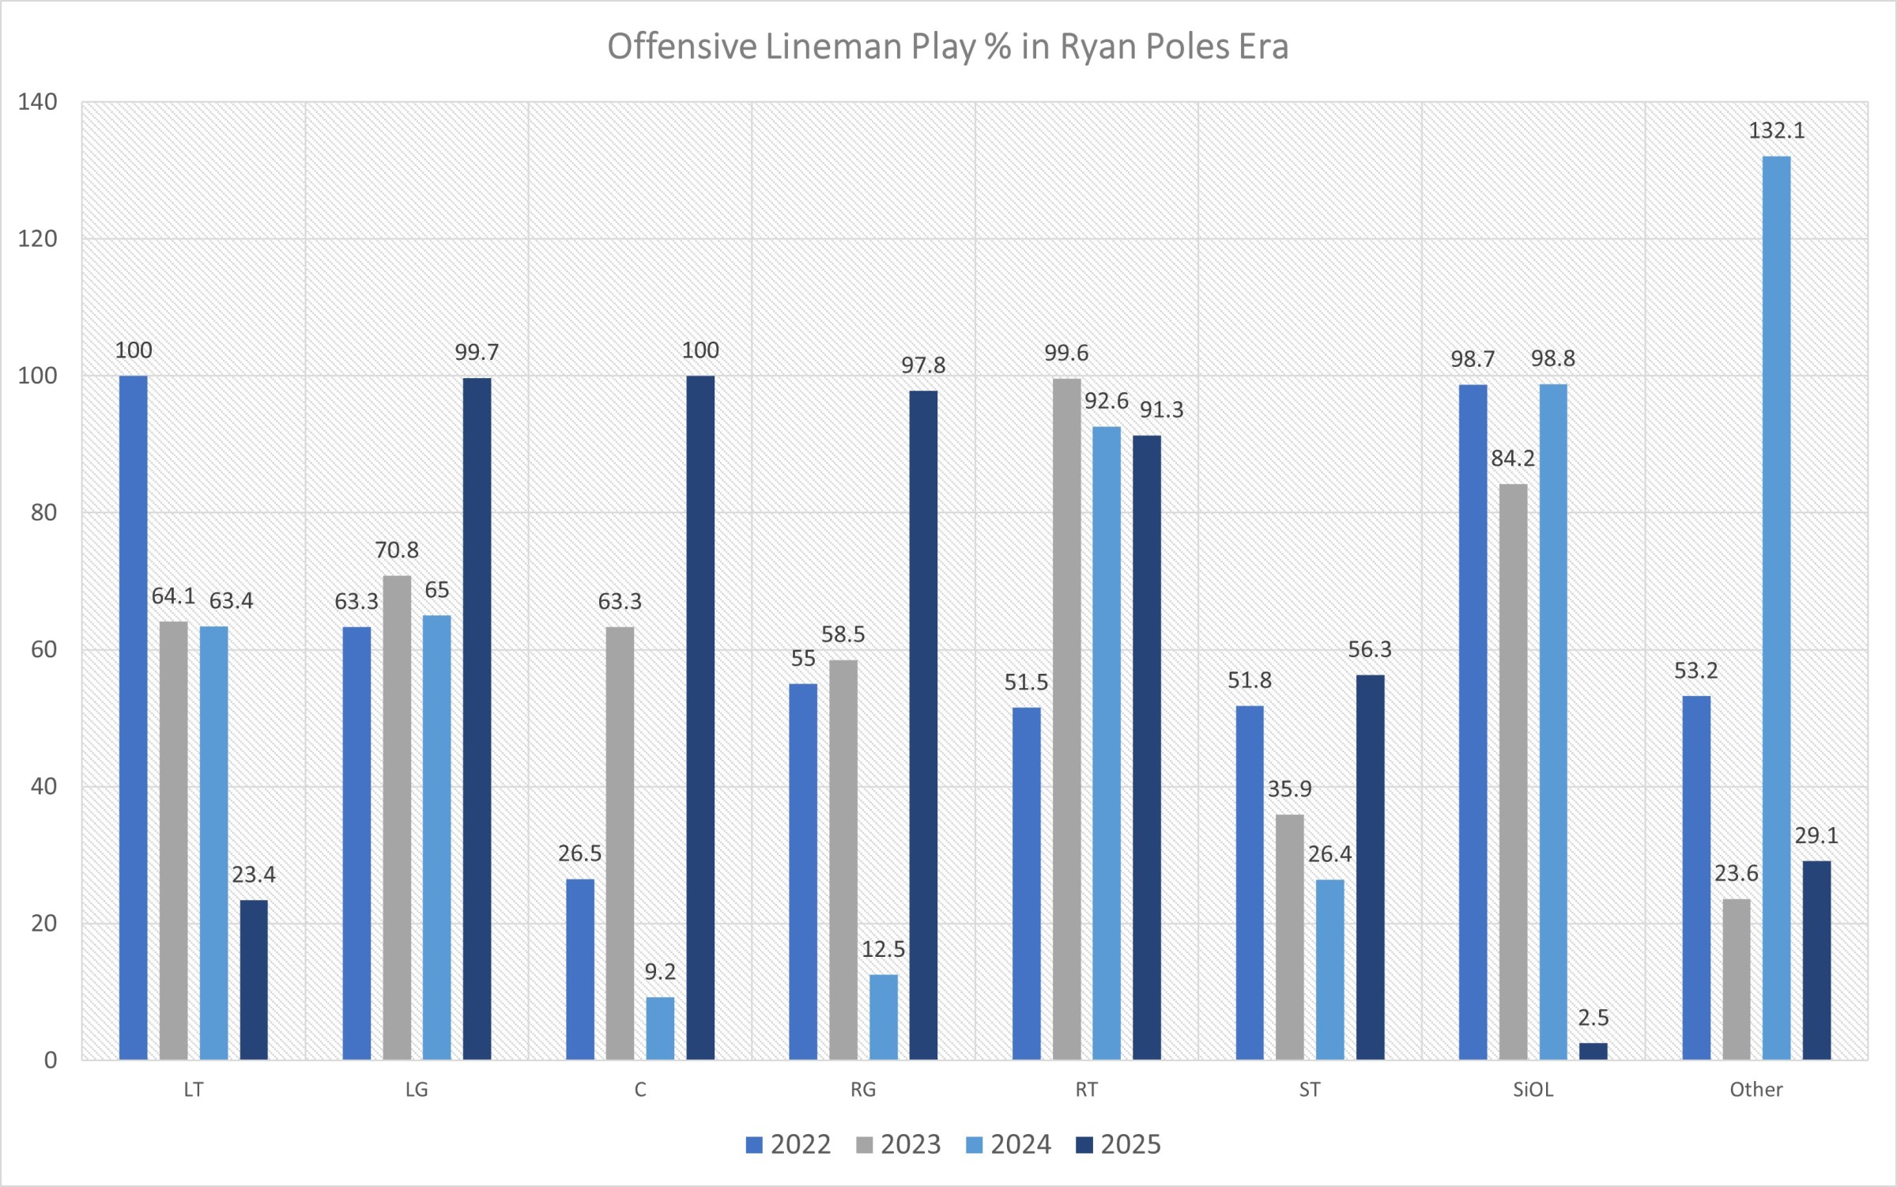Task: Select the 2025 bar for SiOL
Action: (x=1593, y=1051)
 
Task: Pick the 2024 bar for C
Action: (x=660, y=1028)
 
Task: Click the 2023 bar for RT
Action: (x=1066, y=719)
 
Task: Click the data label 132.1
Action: (x=1776, y=130)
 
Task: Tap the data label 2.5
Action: (x=1593, y=1017)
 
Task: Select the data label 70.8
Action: (x=396, y=550)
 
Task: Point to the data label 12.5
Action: (x=883, y=949)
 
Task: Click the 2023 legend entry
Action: (x=899, y=1144)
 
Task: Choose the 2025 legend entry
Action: (x=1118, y=1144)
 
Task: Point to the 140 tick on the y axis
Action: (x=38, y=102)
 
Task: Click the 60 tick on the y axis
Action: (x=44, y=649)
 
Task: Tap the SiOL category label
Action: (x=1533, y=1090)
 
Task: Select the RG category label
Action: (x=862, y=1090)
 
